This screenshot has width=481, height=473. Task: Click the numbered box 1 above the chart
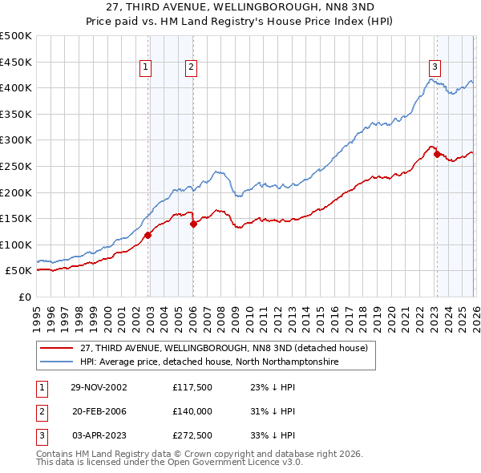click(146, 67)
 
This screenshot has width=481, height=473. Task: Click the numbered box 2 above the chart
click(192, 67)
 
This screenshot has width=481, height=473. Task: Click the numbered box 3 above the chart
click(434, 67)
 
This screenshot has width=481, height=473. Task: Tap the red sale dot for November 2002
click(148, 235)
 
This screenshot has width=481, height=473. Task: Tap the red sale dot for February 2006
click(193, 224)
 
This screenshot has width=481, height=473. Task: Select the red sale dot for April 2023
click(437, 155)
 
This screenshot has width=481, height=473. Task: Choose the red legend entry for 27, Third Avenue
click(224, 348)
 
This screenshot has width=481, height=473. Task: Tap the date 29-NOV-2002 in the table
click(99, 386)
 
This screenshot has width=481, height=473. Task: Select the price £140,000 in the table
click(192, 410)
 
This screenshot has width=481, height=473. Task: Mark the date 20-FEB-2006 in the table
click(99, 410)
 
